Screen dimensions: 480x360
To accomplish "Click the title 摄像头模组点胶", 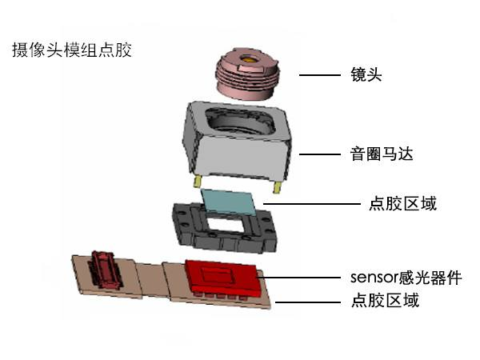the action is coord(72,50).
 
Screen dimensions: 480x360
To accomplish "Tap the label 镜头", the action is coord(366,74).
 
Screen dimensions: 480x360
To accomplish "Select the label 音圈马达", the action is coord(382,154).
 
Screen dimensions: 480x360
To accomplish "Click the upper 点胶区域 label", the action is coord(402,203).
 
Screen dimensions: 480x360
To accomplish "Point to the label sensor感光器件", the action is coord(406,278).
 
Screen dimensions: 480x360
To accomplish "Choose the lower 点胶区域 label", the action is coord(385,300).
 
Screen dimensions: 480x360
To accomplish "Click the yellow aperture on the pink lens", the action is coord(249,58).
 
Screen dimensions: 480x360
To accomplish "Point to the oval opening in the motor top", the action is coord(241,122).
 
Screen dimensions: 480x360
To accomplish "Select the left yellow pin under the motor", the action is coord(197,182).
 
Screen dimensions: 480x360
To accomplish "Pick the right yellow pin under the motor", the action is coord(278,187).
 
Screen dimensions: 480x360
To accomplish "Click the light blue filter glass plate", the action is coord(230,202).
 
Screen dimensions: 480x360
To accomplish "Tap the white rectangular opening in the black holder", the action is coord(226,225).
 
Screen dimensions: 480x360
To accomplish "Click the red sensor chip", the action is coord(222,278).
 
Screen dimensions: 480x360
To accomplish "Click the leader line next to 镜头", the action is coord(319,75).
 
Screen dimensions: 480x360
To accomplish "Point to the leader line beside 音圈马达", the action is coord(319,154).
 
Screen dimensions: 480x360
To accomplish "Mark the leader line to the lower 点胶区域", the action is coord(308,302).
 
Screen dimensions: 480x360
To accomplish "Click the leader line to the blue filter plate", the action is coord(312,203).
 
